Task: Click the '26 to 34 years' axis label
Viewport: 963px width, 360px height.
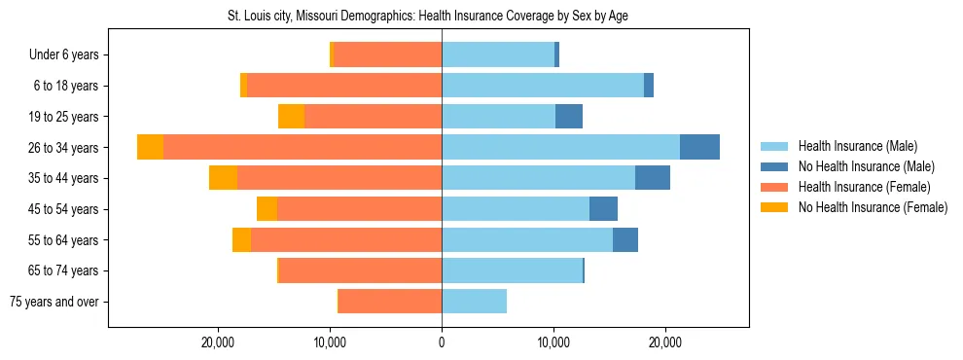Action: click(64, 148)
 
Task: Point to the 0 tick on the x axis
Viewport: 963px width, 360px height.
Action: click(442, 343)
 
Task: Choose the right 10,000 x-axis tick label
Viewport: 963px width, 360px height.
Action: click(553, 343)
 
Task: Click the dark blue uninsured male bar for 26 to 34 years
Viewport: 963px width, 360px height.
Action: click(699, 148)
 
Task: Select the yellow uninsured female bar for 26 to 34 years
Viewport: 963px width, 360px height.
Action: click(150, 148)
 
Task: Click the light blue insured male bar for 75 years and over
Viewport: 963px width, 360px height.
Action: click(474, 302)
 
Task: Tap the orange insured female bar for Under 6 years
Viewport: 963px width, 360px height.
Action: click(387, 55)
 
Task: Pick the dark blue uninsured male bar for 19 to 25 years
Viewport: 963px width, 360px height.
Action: click(569, 117)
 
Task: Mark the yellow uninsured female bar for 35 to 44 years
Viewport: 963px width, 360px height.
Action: click(223, 178)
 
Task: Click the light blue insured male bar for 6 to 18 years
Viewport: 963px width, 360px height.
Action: click(543, 86)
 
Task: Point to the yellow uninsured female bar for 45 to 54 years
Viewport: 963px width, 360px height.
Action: click(267, 209)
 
